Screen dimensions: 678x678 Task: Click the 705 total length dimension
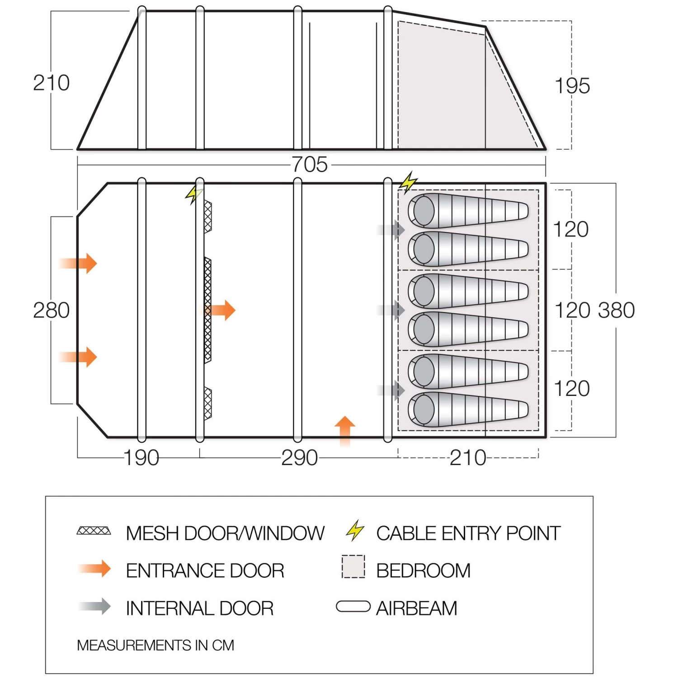[310, 165]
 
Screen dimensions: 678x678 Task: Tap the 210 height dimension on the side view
[51, 83]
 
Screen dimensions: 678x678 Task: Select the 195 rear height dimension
[572, 86]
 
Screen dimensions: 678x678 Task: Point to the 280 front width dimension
[51, 311]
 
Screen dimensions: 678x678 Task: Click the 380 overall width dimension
[616, 311]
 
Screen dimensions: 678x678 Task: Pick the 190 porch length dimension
[141, 458]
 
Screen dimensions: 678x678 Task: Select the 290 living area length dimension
[299, 458]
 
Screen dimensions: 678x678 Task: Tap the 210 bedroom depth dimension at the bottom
[468, 458]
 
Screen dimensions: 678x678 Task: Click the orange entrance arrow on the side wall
[345, 429]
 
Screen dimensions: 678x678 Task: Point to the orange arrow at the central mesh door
[221, 310]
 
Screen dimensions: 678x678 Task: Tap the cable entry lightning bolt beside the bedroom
[408, 182]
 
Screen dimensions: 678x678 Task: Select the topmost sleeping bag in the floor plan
[468, 211]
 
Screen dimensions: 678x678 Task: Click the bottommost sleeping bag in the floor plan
[468, 410]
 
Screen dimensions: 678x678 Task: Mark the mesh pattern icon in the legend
[94, 531]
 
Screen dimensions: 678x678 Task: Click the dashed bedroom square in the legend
[353, 567]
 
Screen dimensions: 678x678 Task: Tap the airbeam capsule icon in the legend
[353, 607]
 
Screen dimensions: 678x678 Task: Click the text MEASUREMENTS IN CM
[155, 645]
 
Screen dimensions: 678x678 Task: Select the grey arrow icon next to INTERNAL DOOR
[95, 607]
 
